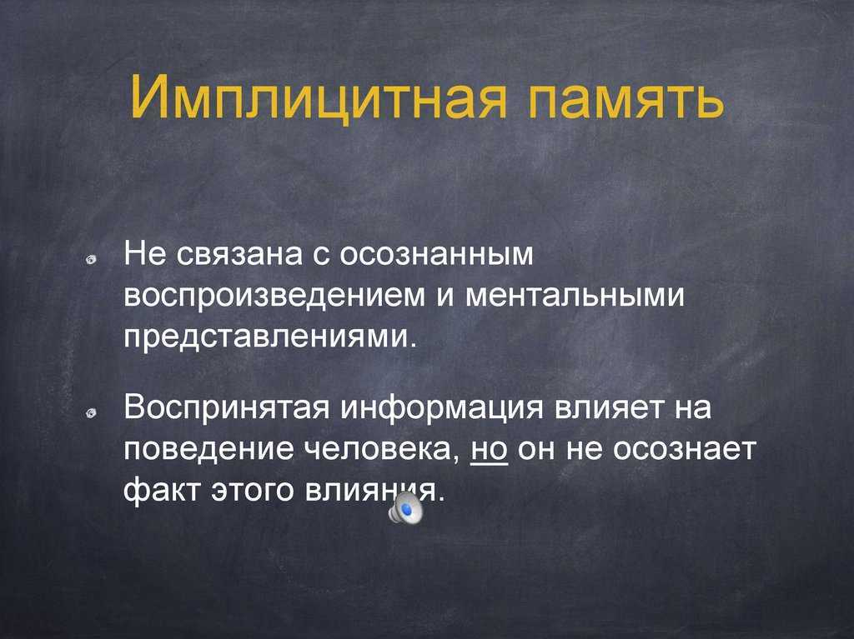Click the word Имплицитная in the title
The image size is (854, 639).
[318, 97]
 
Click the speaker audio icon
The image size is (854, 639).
[406, 510]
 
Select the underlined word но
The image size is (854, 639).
[489, 450]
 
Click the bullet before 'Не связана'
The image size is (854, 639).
[91, 260]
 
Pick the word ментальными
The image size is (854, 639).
[575, 296]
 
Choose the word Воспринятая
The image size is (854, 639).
[227, 409]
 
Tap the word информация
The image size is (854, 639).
[442, 409]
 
